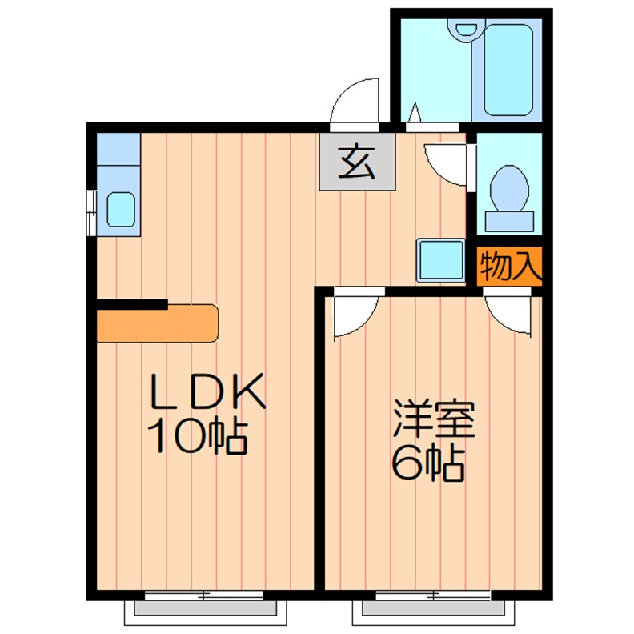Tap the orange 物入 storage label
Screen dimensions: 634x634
(x=510, y=267)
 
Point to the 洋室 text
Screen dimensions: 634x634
(x=433, y=422)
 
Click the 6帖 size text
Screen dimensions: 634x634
(x=427, y=463)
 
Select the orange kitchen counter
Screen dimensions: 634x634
(x=157, y=323)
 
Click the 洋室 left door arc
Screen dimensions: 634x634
(x=353, y=315)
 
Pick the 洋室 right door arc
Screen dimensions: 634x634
(x=510, y=314)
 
